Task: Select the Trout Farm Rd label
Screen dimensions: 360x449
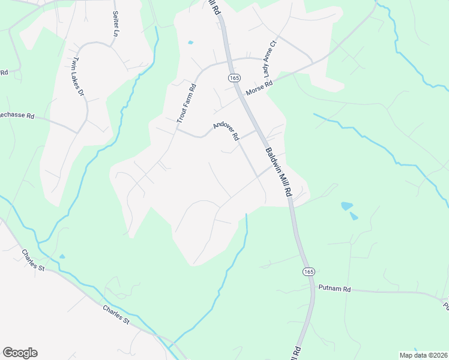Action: click(x=187, y=103)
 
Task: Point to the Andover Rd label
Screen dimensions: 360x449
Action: click(x=226, y=130)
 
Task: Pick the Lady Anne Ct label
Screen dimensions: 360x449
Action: click(x=268, y=61)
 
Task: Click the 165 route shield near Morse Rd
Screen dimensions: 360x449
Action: click(x=233, y=78)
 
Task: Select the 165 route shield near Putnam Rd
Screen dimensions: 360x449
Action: click(x=308, y=271)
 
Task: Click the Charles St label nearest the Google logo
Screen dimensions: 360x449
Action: click(x=116, y=314)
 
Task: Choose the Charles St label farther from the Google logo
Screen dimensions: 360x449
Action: click(x=34, y=260)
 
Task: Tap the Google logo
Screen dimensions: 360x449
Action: click(x=20, y=353)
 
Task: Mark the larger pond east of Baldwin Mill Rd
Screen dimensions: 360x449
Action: click(x=346, y=206)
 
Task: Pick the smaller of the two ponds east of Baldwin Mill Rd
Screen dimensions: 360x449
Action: click(x=354, y=216)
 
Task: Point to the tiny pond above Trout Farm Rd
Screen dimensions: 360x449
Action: click(x=191, y=43)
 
